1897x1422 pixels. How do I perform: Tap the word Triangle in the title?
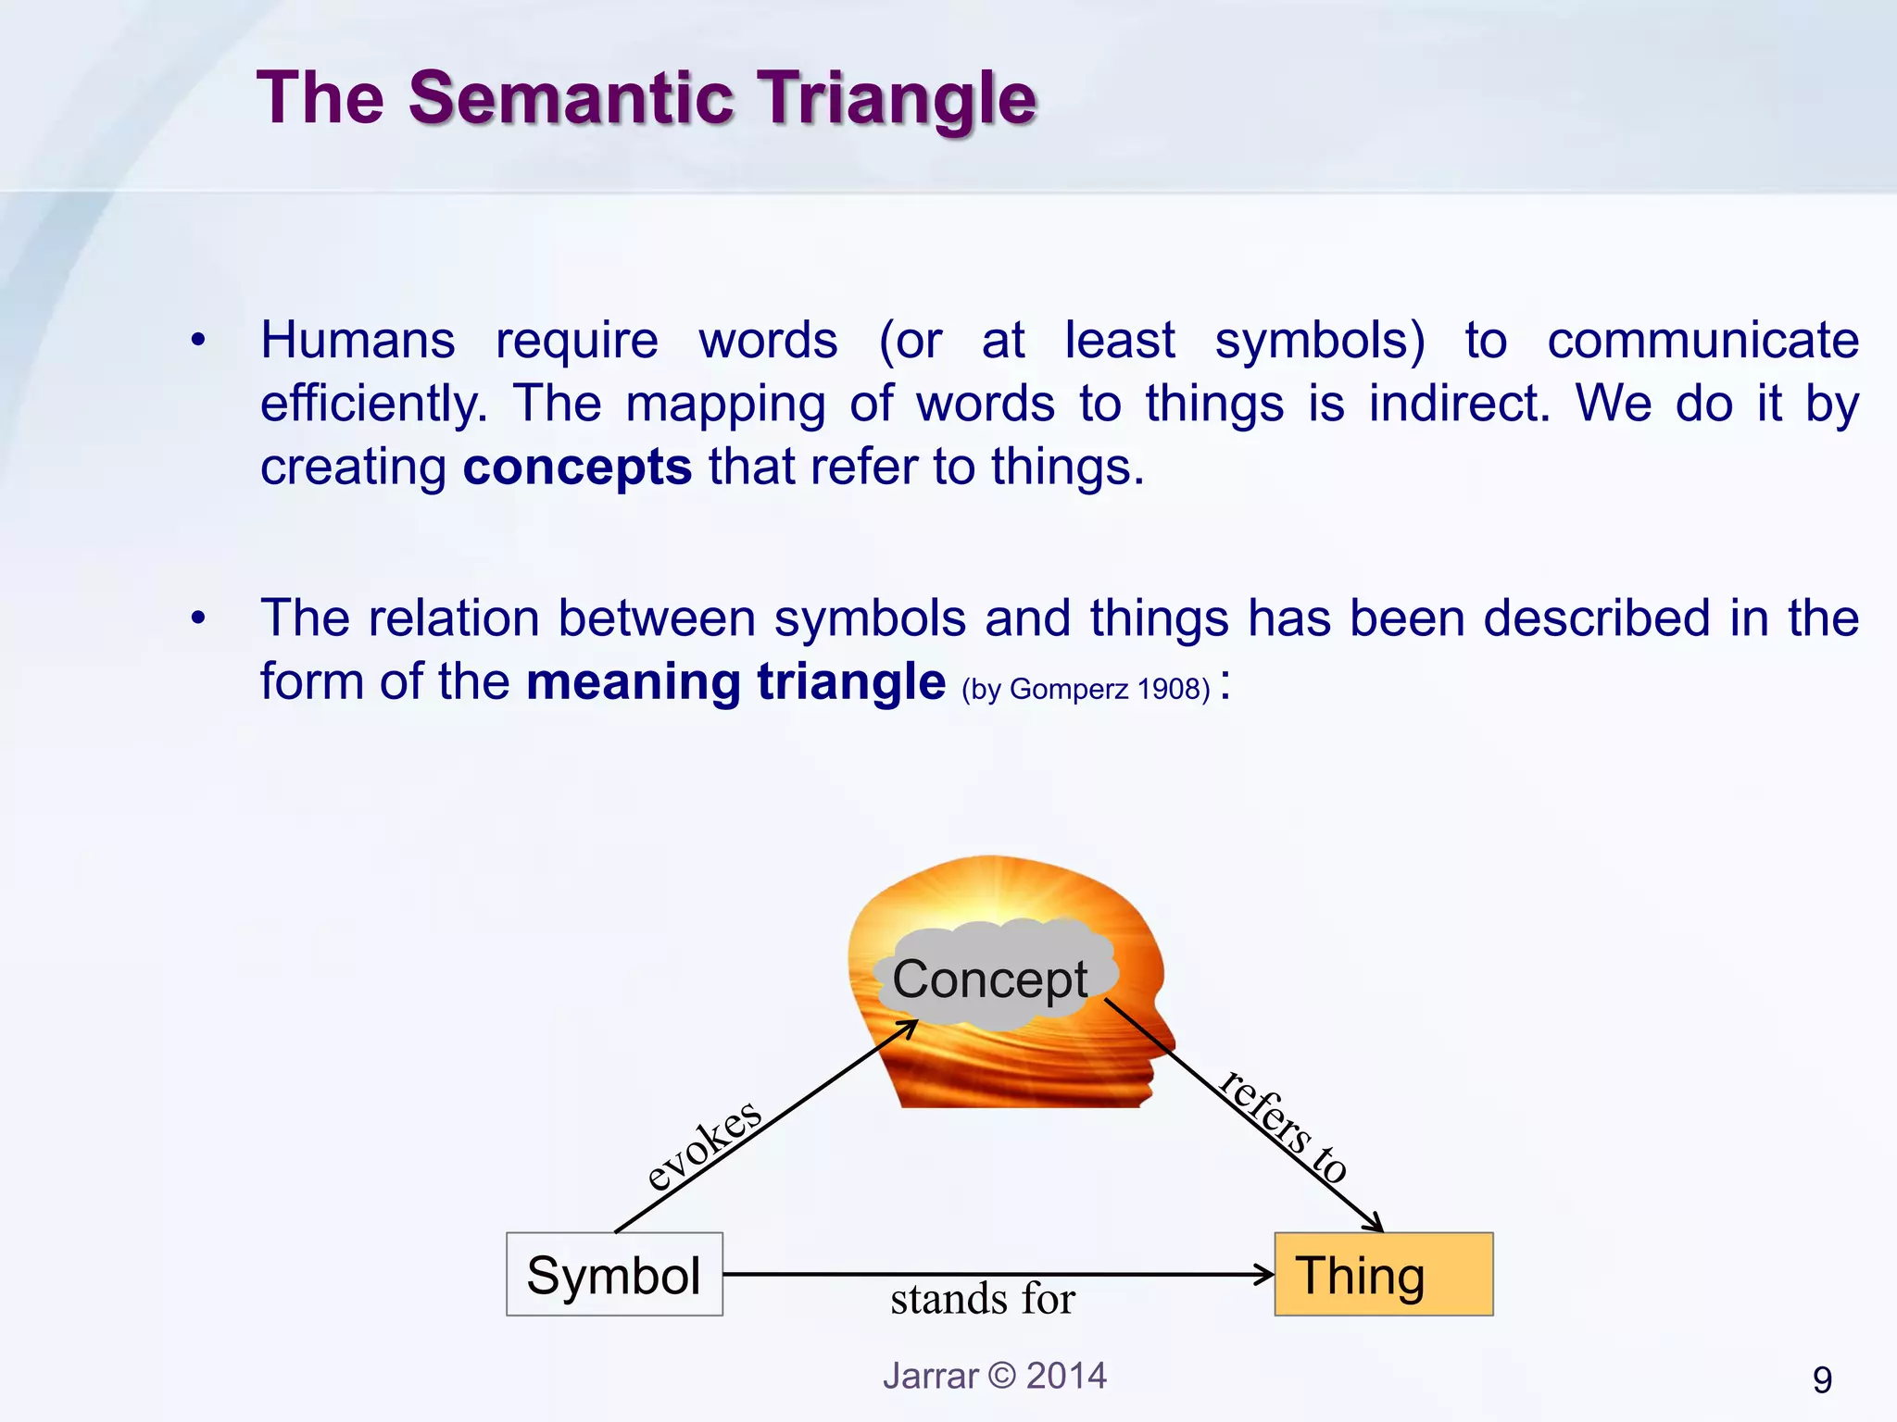897,99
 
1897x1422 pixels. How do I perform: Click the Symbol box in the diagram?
614,1274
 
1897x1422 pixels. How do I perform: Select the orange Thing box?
1383,1274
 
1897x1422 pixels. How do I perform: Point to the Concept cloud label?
989,979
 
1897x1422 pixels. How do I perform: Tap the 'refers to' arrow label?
1284,1128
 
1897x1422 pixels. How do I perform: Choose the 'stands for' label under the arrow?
982,1299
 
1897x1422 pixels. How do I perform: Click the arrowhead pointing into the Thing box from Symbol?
1264,1274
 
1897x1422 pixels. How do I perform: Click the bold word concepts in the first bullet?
577,467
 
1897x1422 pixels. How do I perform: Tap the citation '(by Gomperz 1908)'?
1086,689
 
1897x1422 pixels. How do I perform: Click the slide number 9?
1821,1380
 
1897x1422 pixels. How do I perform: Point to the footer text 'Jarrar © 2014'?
994,1376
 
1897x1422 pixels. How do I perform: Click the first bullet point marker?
197,341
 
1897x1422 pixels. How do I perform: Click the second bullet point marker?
197,618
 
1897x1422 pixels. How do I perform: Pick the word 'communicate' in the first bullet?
1702,340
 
